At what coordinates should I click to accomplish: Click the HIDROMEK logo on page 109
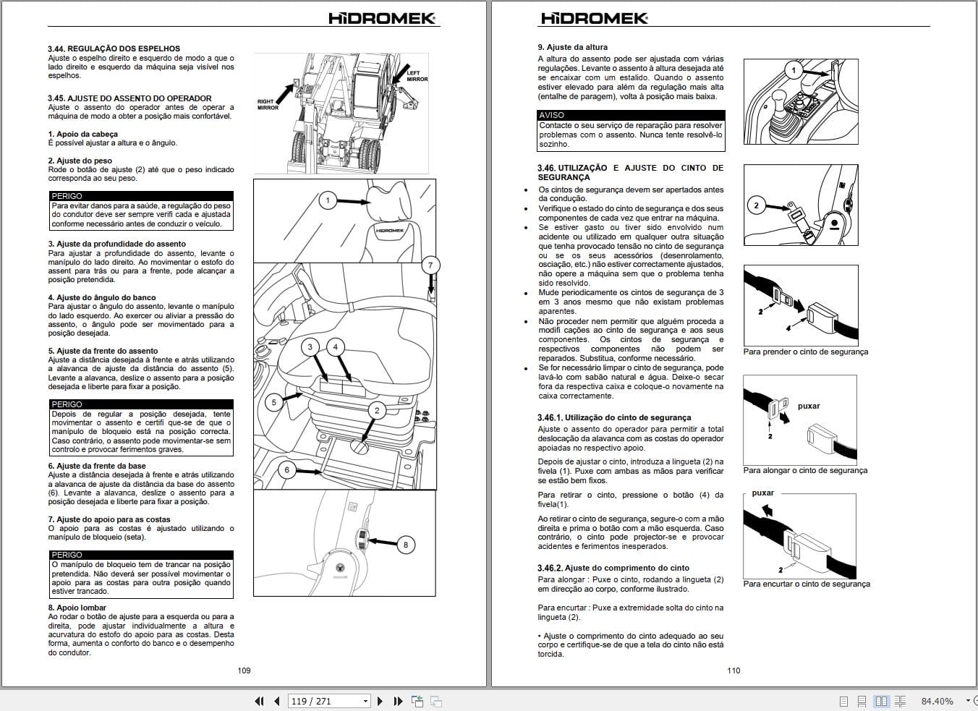382,18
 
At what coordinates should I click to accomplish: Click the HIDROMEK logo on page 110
595,18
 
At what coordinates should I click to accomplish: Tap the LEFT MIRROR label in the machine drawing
417,76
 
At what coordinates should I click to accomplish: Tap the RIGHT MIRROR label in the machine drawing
268,105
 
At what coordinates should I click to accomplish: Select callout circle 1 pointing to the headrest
328,200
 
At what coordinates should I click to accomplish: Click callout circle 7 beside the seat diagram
430,265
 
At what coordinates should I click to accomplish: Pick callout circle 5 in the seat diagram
273,402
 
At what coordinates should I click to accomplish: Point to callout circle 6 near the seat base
286,469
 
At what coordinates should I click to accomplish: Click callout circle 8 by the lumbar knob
406,545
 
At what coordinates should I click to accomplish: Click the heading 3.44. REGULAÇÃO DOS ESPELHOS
114,48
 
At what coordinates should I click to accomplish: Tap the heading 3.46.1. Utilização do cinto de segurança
614,417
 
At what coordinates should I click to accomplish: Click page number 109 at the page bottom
244,670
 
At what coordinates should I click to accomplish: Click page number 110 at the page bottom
733,670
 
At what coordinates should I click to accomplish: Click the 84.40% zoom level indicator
937,701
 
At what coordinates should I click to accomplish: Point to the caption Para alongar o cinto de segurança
804,470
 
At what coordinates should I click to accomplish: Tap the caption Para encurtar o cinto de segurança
806,584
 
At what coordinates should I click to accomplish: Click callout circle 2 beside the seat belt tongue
757,205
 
